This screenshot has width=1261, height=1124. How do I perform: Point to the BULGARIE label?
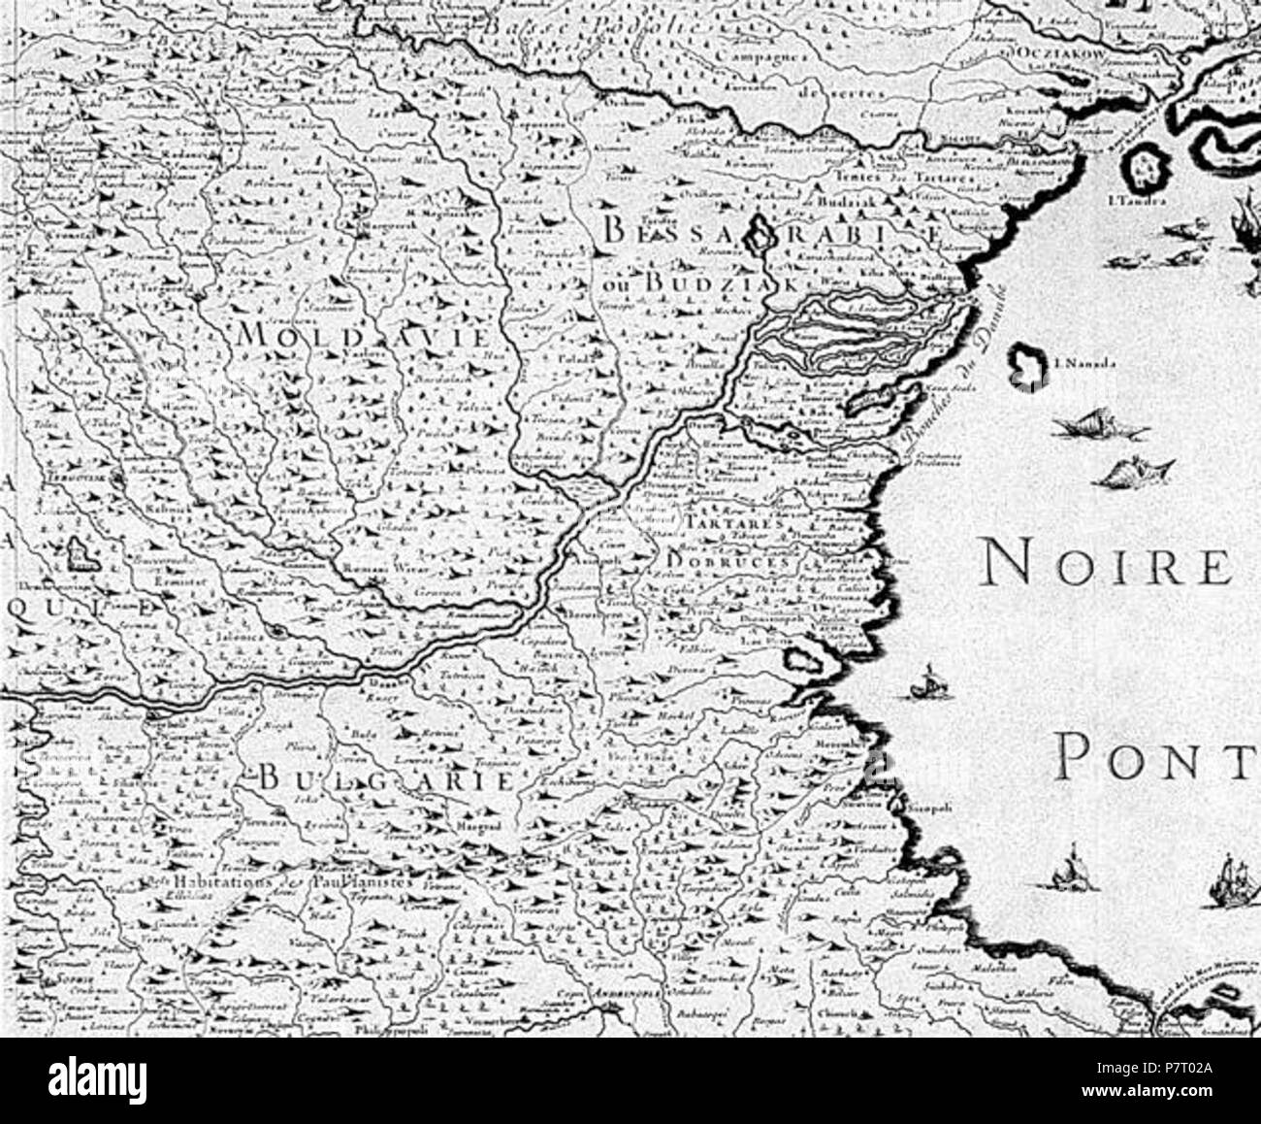385,779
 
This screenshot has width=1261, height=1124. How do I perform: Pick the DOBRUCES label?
730,561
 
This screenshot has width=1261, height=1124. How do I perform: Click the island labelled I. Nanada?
1026,368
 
